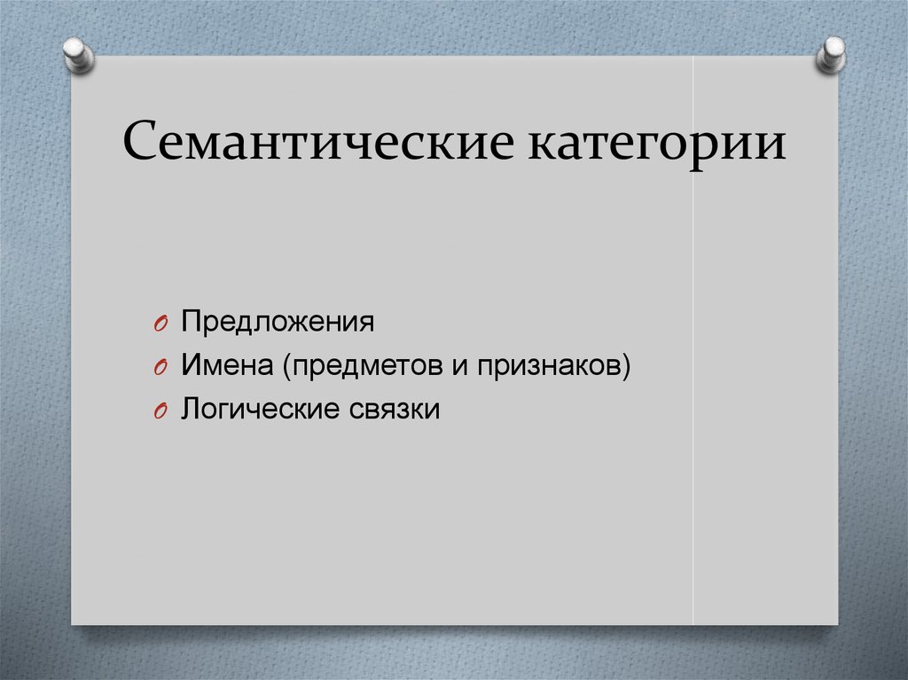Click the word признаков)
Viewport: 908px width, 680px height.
(x=555, y=365)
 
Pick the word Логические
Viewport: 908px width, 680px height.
(x=252, y=410)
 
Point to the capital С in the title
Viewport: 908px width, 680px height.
(x=142, y=143)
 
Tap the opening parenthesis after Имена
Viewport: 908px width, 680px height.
(x=288, y=365)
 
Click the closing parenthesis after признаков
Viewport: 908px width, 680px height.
(x=626, y=365)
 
